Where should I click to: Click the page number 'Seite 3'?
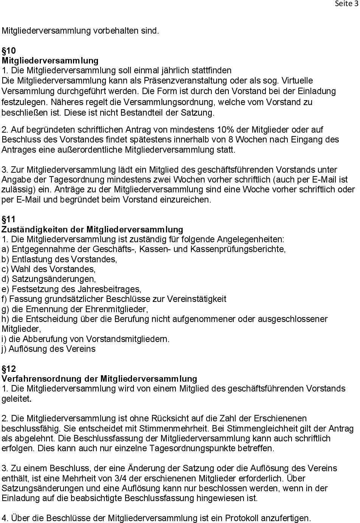point(346,4)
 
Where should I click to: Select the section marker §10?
point(9,51)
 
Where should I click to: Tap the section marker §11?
point(9,219)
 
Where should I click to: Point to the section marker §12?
point(9,368)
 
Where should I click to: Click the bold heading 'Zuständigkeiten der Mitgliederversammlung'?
point(92,229)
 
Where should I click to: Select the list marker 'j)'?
point(4,349)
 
